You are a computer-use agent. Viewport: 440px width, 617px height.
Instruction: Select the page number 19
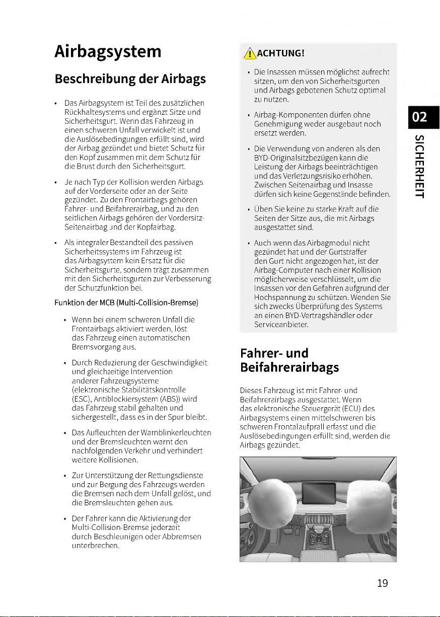[383, 583]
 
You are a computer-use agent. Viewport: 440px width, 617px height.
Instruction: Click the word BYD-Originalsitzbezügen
[298, 158]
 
